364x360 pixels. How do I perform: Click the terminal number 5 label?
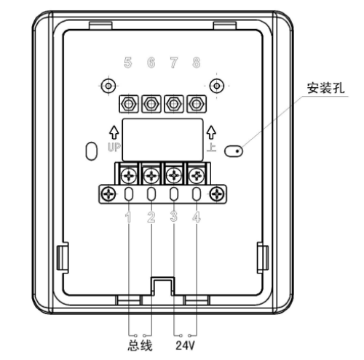128,63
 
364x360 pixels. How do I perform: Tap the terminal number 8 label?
197,63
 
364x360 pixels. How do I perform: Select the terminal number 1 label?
128,217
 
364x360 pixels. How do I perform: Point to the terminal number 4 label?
197,217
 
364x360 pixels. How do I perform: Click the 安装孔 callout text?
325,88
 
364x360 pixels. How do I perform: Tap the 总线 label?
140,345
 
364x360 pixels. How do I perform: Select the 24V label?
185,345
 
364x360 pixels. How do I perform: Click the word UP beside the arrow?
114,147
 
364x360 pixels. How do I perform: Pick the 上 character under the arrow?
211,147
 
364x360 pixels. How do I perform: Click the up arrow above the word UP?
114,132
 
